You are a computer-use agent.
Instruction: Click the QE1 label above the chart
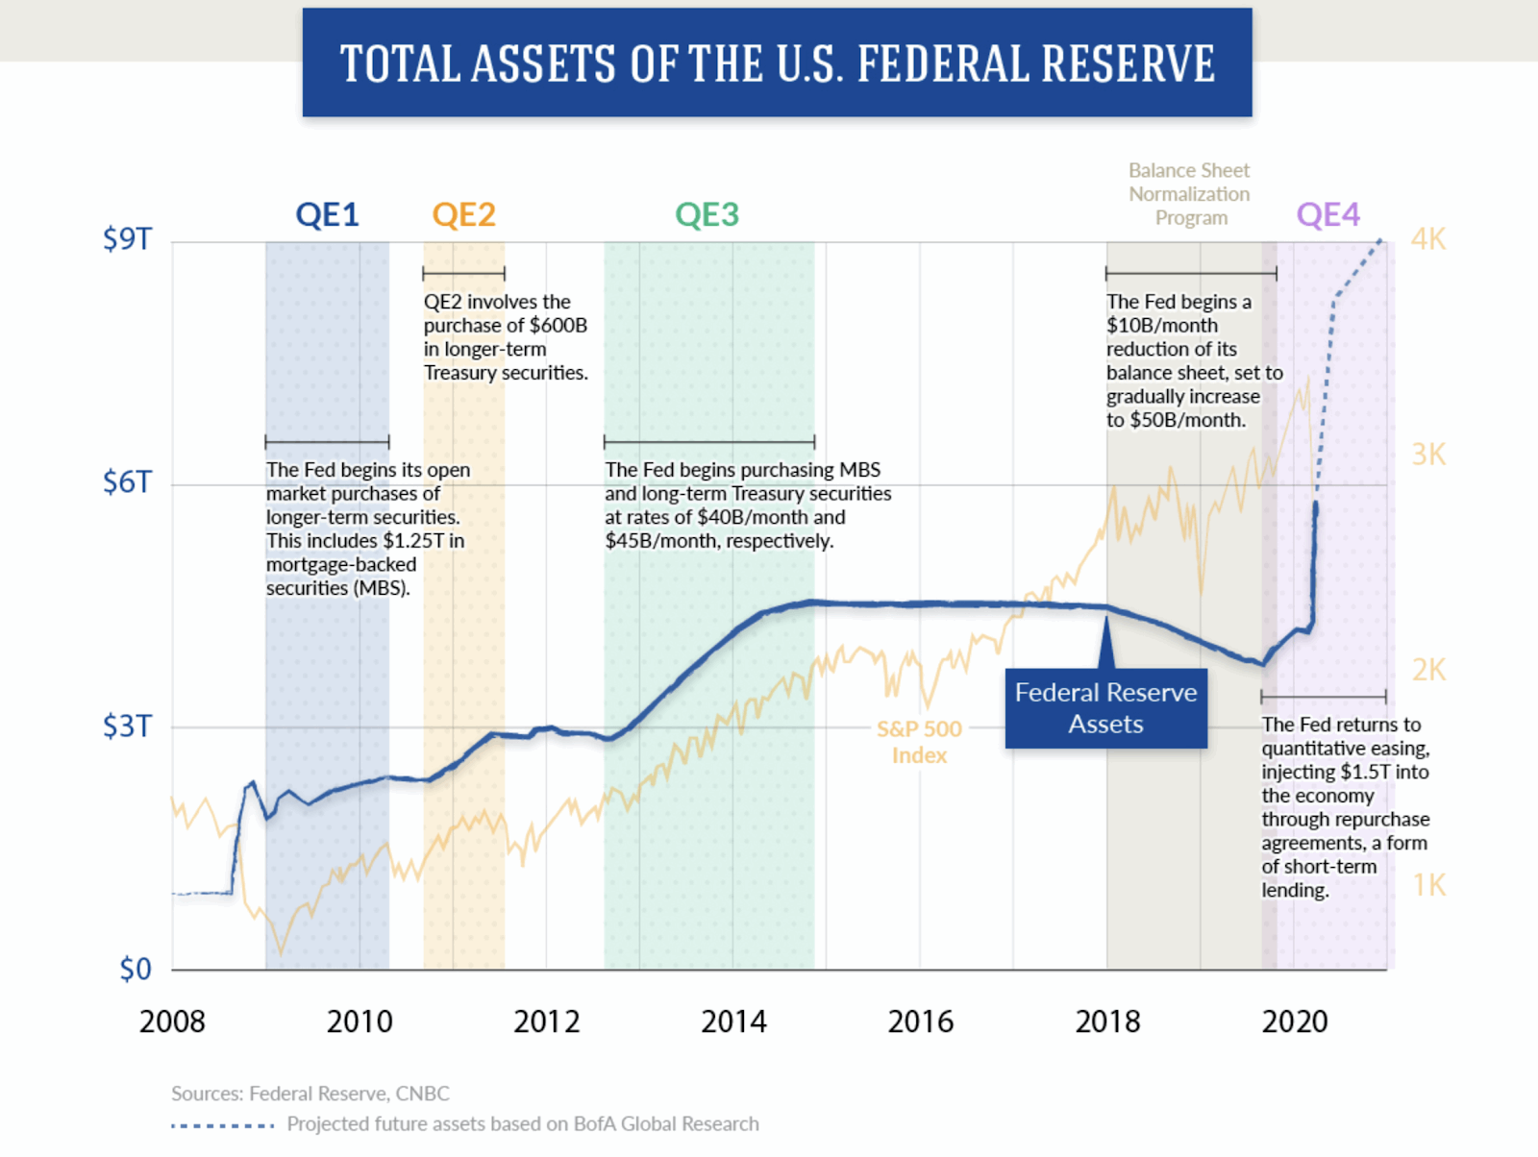click(327, 214)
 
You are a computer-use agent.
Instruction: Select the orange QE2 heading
click(463, 214)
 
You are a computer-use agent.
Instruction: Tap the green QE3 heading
click(707, 214)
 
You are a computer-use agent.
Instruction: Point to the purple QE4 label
click(1327, 214)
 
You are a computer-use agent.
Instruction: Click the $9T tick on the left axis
click(127, 238)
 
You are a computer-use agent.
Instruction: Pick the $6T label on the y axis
click(127, 481)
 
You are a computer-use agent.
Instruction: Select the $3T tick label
click(127, 726)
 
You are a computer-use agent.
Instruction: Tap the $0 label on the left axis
click(136, 969)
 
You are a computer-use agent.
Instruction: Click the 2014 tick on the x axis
click(733, 1022)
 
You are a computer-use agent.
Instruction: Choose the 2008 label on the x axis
click(172, 1022)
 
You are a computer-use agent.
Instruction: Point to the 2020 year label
click(1294, 1022)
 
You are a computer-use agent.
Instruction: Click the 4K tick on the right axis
click(1428, 239)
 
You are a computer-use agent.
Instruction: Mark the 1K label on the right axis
click(1429, 885)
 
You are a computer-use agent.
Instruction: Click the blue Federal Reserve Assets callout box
click(1105, 708)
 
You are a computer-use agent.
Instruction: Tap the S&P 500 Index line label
click(919, 742)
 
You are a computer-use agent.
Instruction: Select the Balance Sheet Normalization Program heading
click(1190, 194)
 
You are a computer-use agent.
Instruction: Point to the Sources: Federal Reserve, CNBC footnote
click(310, 1094)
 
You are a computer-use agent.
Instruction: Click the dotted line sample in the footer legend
click(223, 1124)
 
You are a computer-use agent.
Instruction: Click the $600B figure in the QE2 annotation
click(558, 326)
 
